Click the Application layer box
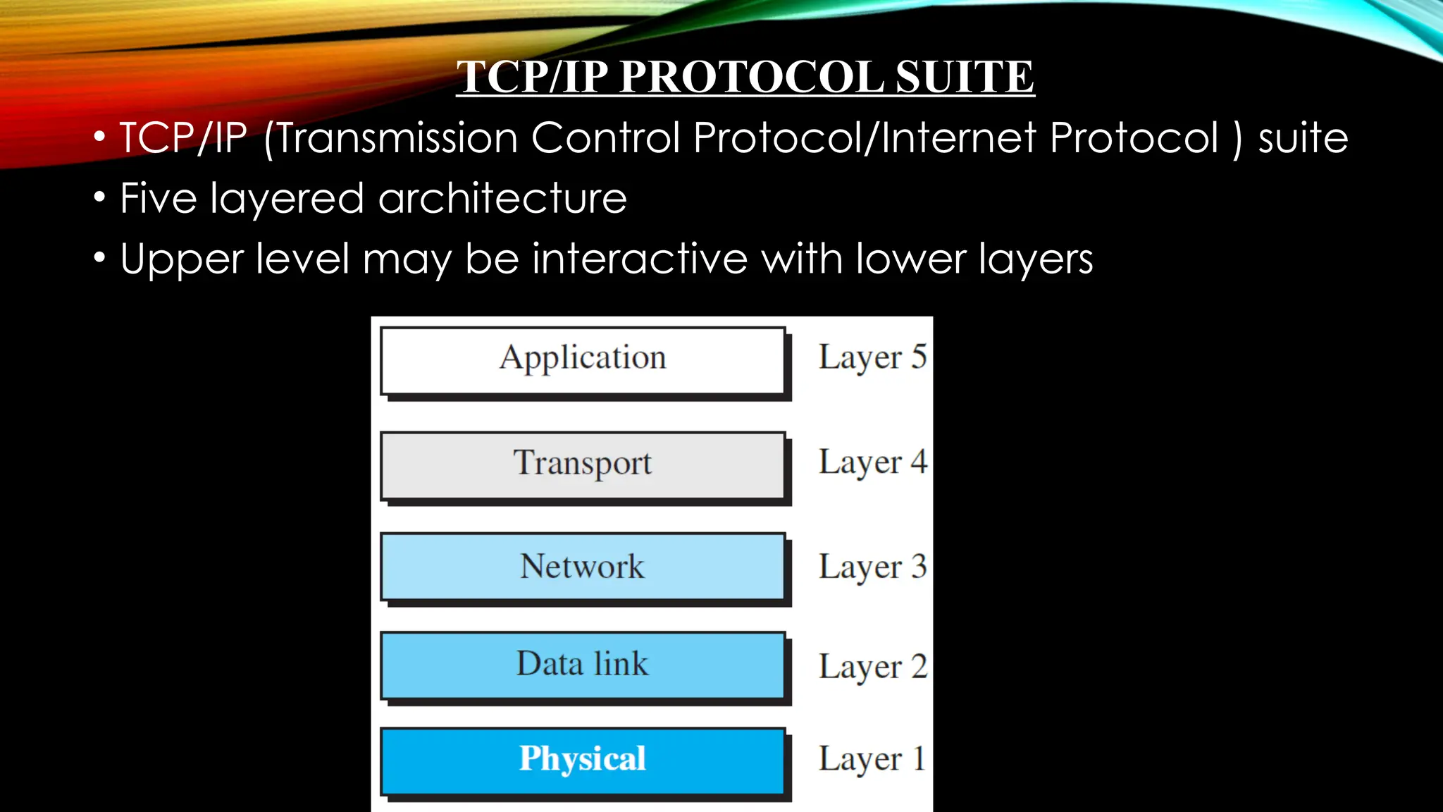tap(583, 360)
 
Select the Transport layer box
tap(583, 465)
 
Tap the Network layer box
tap(583, 567)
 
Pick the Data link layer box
tap(583, 665)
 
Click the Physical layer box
tap(583, 761)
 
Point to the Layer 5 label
tap(872, 357)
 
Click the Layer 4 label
tap(872, 463)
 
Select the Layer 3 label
tap(872, 567)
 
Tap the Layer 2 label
tap(872, 667)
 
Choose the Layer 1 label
tap(872, 760)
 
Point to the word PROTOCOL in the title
tap(752, 77)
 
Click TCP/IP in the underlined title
tap(533, 77)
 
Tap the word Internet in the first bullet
tap(958, 137)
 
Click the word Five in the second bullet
tap(159, 198)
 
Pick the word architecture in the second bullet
tap(502, 198)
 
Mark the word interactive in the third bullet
tap(640, 259)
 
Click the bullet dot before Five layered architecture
tap(99, 197)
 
